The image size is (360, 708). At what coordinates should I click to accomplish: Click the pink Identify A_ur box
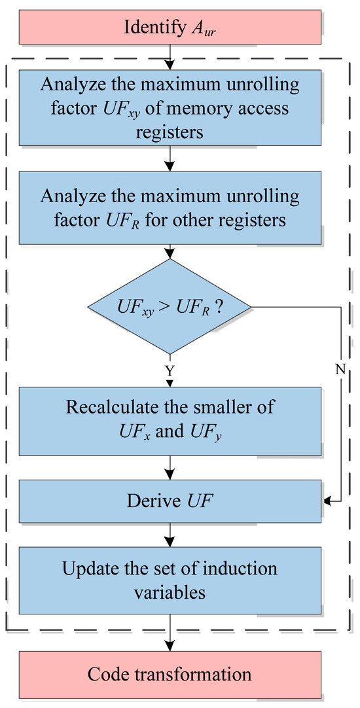coord(170,27)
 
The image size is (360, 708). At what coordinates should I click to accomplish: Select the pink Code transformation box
coord(170,674)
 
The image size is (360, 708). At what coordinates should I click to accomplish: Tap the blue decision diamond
coord(170,306)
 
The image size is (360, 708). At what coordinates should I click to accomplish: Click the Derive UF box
coord(170,502)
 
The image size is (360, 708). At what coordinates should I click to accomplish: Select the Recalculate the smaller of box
coord(170,421)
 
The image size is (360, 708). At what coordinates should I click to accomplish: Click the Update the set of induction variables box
coord(170,580)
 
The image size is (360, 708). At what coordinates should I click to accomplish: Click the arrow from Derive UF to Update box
coord(170,536)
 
